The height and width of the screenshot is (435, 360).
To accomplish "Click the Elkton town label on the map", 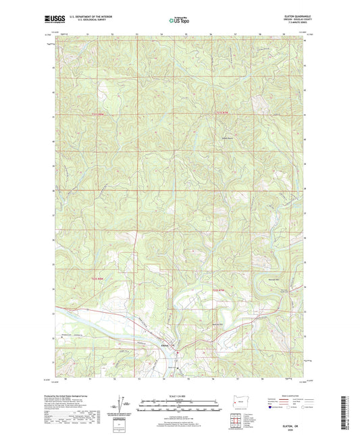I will pos(164,347).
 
